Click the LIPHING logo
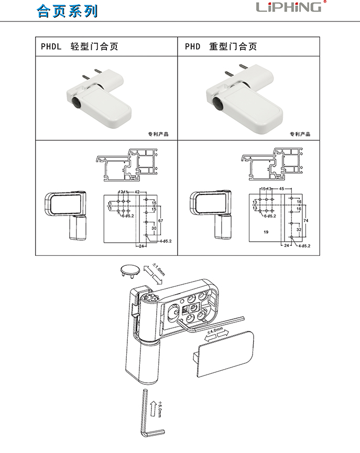289,7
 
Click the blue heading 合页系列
67,11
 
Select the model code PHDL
51,47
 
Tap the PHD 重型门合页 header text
221,47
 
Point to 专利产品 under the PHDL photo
159,134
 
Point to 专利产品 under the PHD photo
300,134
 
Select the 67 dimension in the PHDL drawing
161,222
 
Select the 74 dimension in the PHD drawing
306,222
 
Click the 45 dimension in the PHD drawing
281,188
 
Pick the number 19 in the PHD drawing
266,231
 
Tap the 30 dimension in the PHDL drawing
154,229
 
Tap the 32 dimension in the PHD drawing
299,229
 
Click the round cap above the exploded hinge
128,270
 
